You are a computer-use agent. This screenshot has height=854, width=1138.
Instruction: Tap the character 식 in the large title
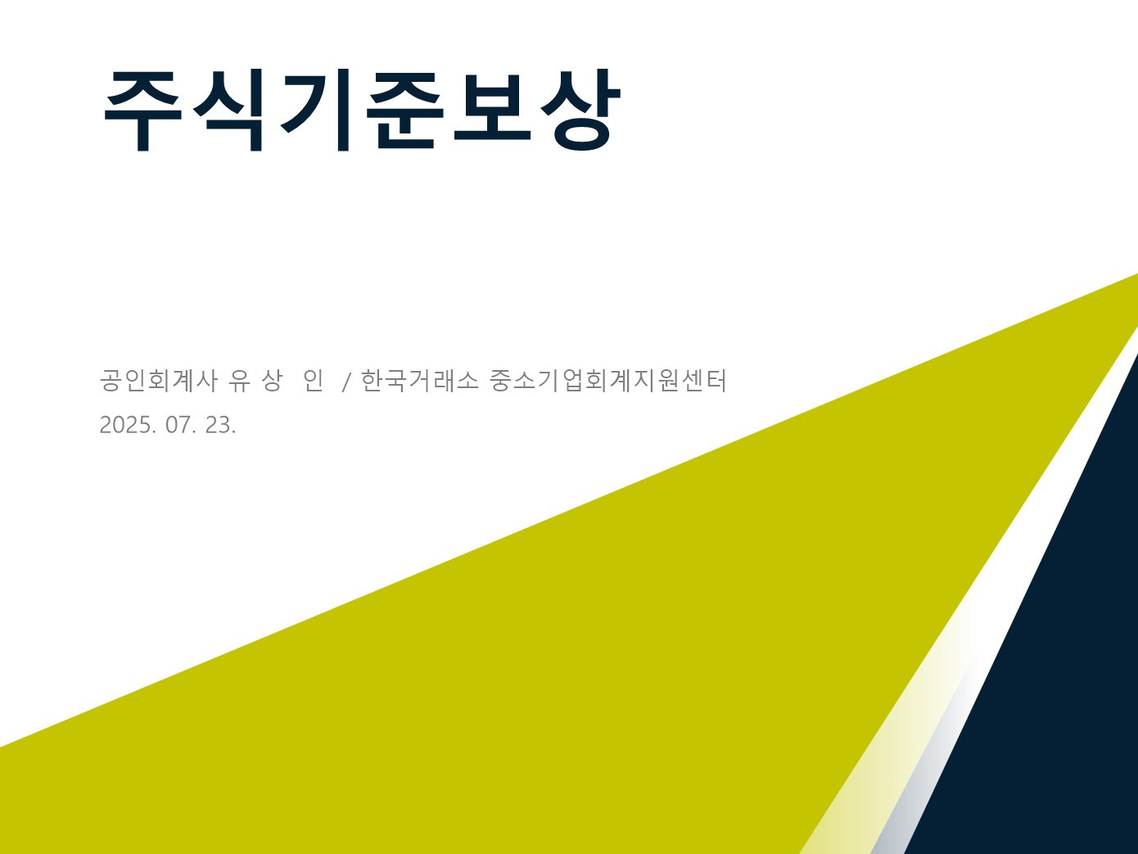tap(228, 110)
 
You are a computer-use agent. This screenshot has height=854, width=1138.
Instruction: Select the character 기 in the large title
tap(316, 110)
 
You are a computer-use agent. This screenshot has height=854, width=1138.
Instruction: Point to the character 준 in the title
tap(405, 110)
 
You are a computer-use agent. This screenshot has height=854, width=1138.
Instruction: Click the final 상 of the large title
tap(580, 110)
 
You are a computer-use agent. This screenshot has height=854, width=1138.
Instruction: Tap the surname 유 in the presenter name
tap(239, 381)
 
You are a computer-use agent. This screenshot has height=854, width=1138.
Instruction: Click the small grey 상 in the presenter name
tap(272, 381)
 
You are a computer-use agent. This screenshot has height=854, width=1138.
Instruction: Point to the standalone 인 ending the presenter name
tap(313, 381)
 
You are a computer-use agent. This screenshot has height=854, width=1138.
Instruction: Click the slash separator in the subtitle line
tap(347, 382)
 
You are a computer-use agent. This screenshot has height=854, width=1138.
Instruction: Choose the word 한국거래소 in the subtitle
tap(419, 381)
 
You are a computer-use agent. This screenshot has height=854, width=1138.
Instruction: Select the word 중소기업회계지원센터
tap(607, 381)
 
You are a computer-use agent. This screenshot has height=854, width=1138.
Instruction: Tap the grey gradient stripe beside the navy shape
tap(928, 778)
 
